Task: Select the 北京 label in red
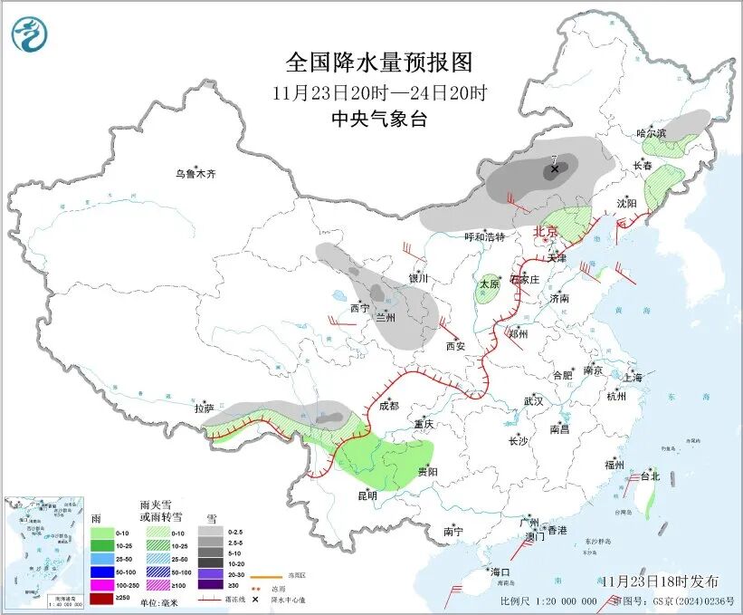(547, 231)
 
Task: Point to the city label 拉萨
(204, 409)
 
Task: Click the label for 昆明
(367, 495)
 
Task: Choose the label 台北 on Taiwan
(650, 476)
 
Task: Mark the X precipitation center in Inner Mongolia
(555, 168)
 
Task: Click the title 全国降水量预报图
(379, 62)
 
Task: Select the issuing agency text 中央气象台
(379, 120)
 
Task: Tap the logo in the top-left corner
(29, 34)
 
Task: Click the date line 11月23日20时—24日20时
(379, 92)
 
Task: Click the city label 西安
(455, 346)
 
